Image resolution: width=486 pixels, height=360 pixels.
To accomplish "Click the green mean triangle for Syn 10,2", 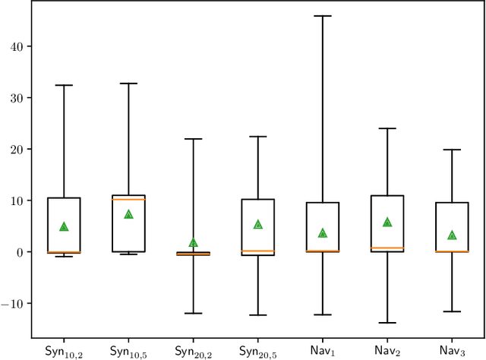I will tap(64, 226).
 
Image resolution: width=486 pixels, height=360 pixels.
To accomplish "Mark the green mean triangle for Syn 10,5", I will tap(128, 214).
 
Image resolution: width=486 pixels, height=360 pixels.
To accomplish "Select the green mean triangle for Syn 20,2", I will tap(193, 242).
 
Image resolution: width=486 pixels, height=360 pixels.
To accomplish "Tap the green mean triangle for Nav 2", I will tap(387, 222).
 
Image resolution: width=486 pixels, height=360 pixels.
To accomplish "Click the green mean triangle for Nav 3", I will tap(452, 235).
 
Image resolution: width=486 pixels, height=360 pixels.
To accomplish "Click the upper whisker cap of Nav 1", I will tap(323, 15).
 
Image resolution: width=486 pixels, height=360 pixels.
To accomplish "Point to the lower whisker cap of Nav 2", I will tap(387, 323).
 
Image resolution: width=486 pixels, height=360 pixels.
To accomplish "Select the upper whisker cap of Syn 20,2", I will tap(193, 139).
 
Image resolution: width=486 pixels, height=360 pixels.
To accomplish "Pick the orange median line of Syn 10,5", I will tap(128, 199).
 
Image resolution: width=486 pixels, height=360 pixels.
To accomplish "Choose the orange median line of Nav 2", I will tap(387, 248).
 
